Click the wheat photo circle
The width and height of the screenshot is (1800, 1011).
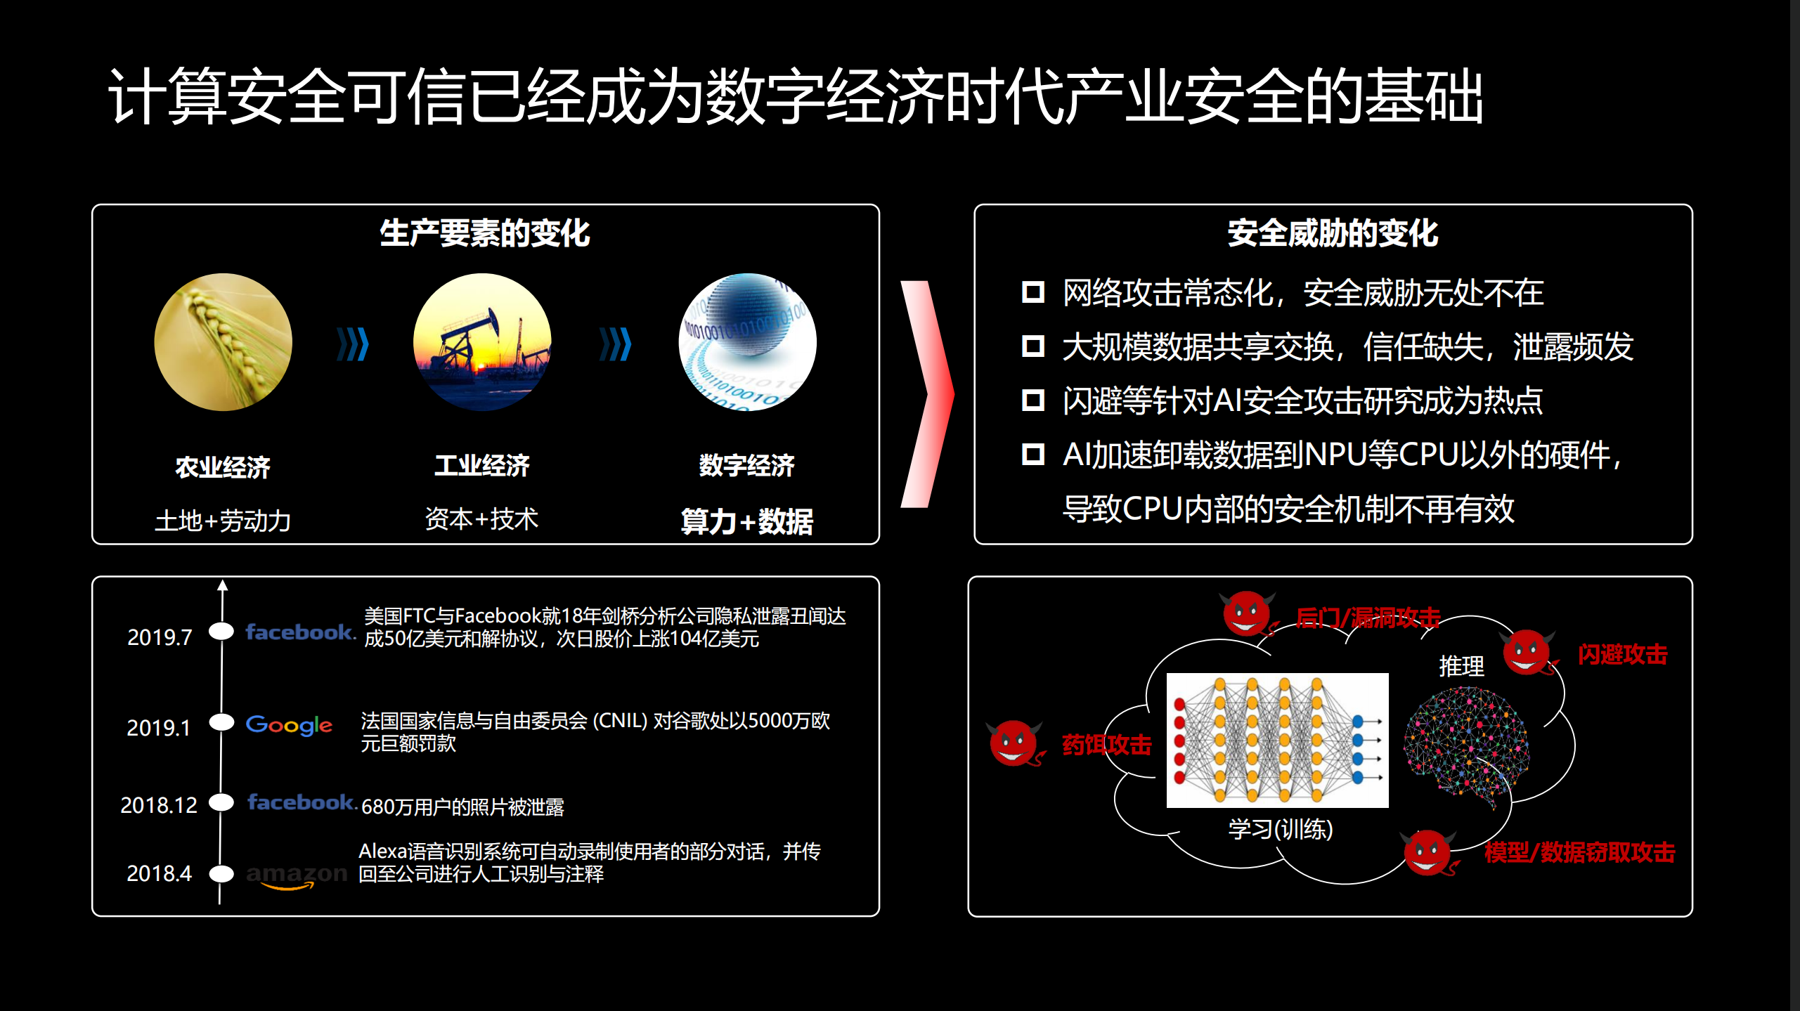[223, 342]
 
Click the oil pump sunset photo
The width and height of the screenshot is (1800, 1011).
[482, 342]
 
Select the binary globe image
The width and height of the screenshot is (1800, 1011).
[746, 342]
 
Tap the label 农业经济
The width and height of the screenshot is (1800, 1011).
[223, 467]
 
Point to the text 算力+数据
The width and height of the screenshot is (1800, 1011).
[746, 521]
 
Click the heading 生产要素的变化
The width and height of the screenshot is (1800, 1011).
[484, 233]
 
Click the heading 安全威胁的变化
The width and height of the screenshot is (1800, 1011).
[1333, 233]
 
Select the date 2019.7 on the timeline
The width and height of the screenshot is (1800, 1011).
[160, 637]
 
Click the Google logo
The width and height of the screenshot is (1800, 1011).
[289, 724]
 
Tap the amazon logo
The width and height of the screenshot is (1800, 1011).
[297, 875]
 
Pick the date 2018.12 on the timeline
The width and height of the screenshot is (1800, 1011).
[159, 805]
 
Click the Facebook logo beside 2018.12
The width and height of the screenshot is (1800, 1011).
[302, 802]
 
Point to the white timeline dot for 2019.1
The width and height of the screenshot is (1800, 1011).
[222, 722]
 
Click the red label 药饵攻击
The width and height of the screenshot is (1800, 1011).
[1106, 745]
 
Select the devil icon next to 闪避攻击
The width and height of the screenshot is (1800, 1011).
[1527, 652]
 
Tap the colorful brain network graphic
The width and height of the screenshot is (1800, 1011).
[1465, 745]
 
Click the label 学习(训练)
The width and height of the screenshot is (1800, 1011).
[1280, 830]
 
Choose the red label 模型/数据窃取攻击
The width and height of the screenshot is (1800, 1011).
[1579, 852]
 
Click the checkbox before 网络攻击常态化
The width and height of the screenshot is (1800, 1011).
[1032, 292]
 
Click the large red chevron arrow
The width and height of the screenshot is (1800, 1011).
[928, 393]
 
